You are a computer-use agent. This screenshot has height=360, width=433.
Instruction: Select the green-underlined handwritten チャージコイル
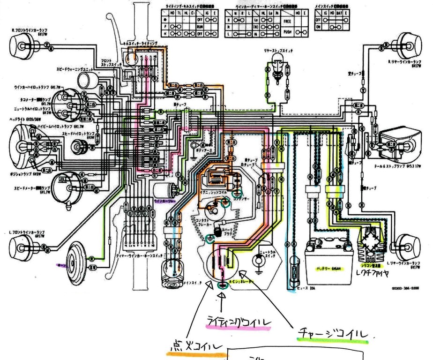coord(334,333)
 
